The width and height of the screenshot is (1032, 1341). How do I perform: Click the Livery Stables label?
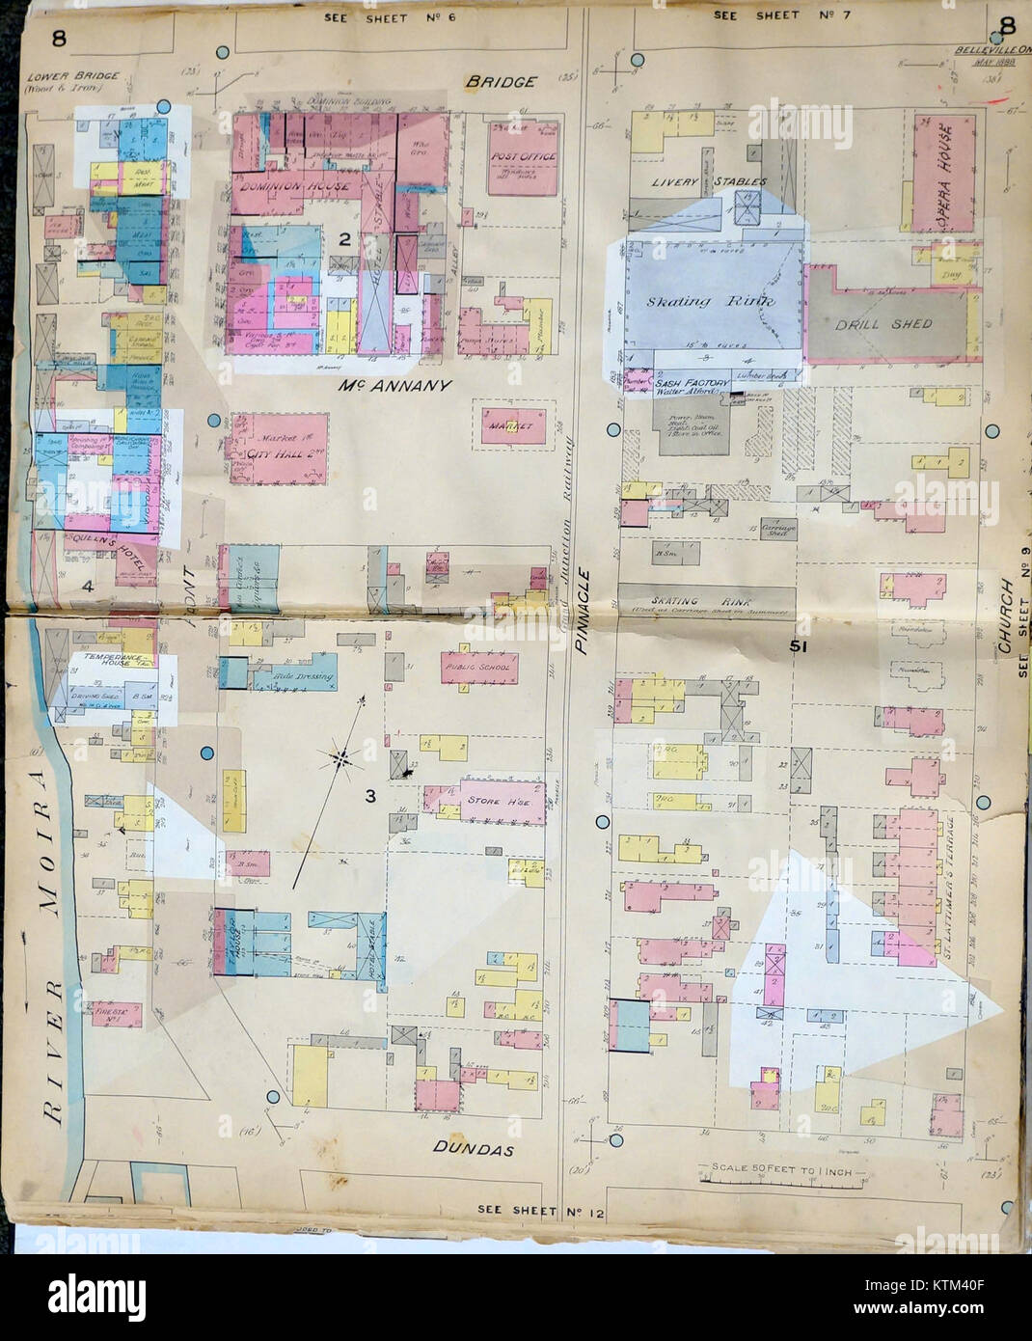[x=708, y=180]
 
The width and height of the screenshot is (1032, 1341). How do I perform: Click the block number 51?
[x=797, y=647]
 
